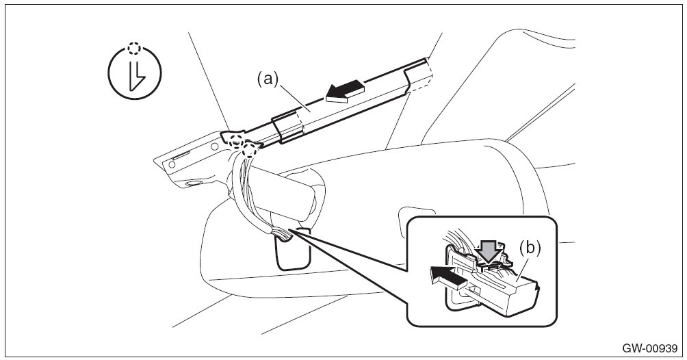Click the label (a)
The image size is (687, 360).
pos(268,79)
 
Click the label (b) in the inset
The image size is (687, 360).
pos(530,247)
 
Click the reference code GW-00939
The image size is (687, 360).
pos(649,348)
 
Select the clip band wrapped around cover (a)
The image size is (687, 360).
pos(287,128)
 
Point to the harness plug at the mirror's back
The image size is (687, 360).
pos(283,235)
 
